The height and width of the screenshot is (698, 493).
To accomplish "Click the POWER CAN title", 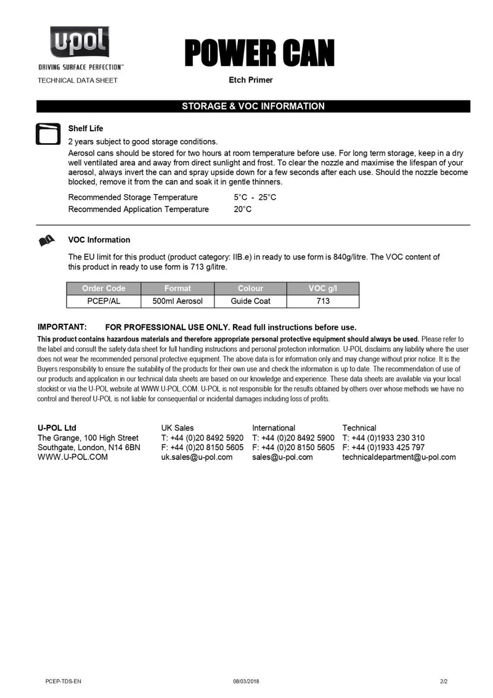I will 259,54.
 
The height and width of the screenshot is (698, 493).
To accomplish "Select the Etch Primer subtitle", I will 250,80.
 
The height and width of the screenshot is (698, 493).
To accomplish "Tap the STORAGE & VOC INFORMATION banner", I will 253,106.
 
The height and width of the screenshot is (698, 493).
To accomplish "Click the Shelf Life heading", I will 85,129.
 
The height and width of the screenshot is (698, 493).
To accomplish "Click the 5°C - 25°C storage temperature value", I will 255,197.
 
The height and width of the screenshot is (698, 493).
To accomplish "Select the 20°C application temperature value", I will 242,209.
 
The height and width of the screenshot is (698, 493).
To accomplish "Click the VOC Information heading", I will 99,240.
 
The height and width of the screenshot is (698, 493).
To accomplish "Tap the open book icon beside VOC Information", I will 47,240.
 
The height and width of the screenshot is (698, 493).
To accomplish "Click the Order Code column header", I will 104,289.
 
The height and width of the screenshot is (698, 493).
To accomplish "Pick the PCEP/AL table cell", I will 104,301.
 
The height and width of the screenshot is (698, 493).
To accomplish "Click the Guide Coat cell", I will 250,301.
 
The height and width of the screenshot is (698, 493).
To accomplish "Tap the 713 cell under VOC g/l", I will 323,301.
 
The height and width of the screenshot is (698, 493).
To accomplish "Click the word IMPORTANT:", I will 62,327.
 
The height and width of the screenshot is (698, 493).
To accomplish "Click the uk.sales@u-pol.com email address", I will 197,458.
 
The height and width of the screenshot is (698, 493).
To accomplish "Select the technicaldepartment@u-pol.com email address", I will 399,458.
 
